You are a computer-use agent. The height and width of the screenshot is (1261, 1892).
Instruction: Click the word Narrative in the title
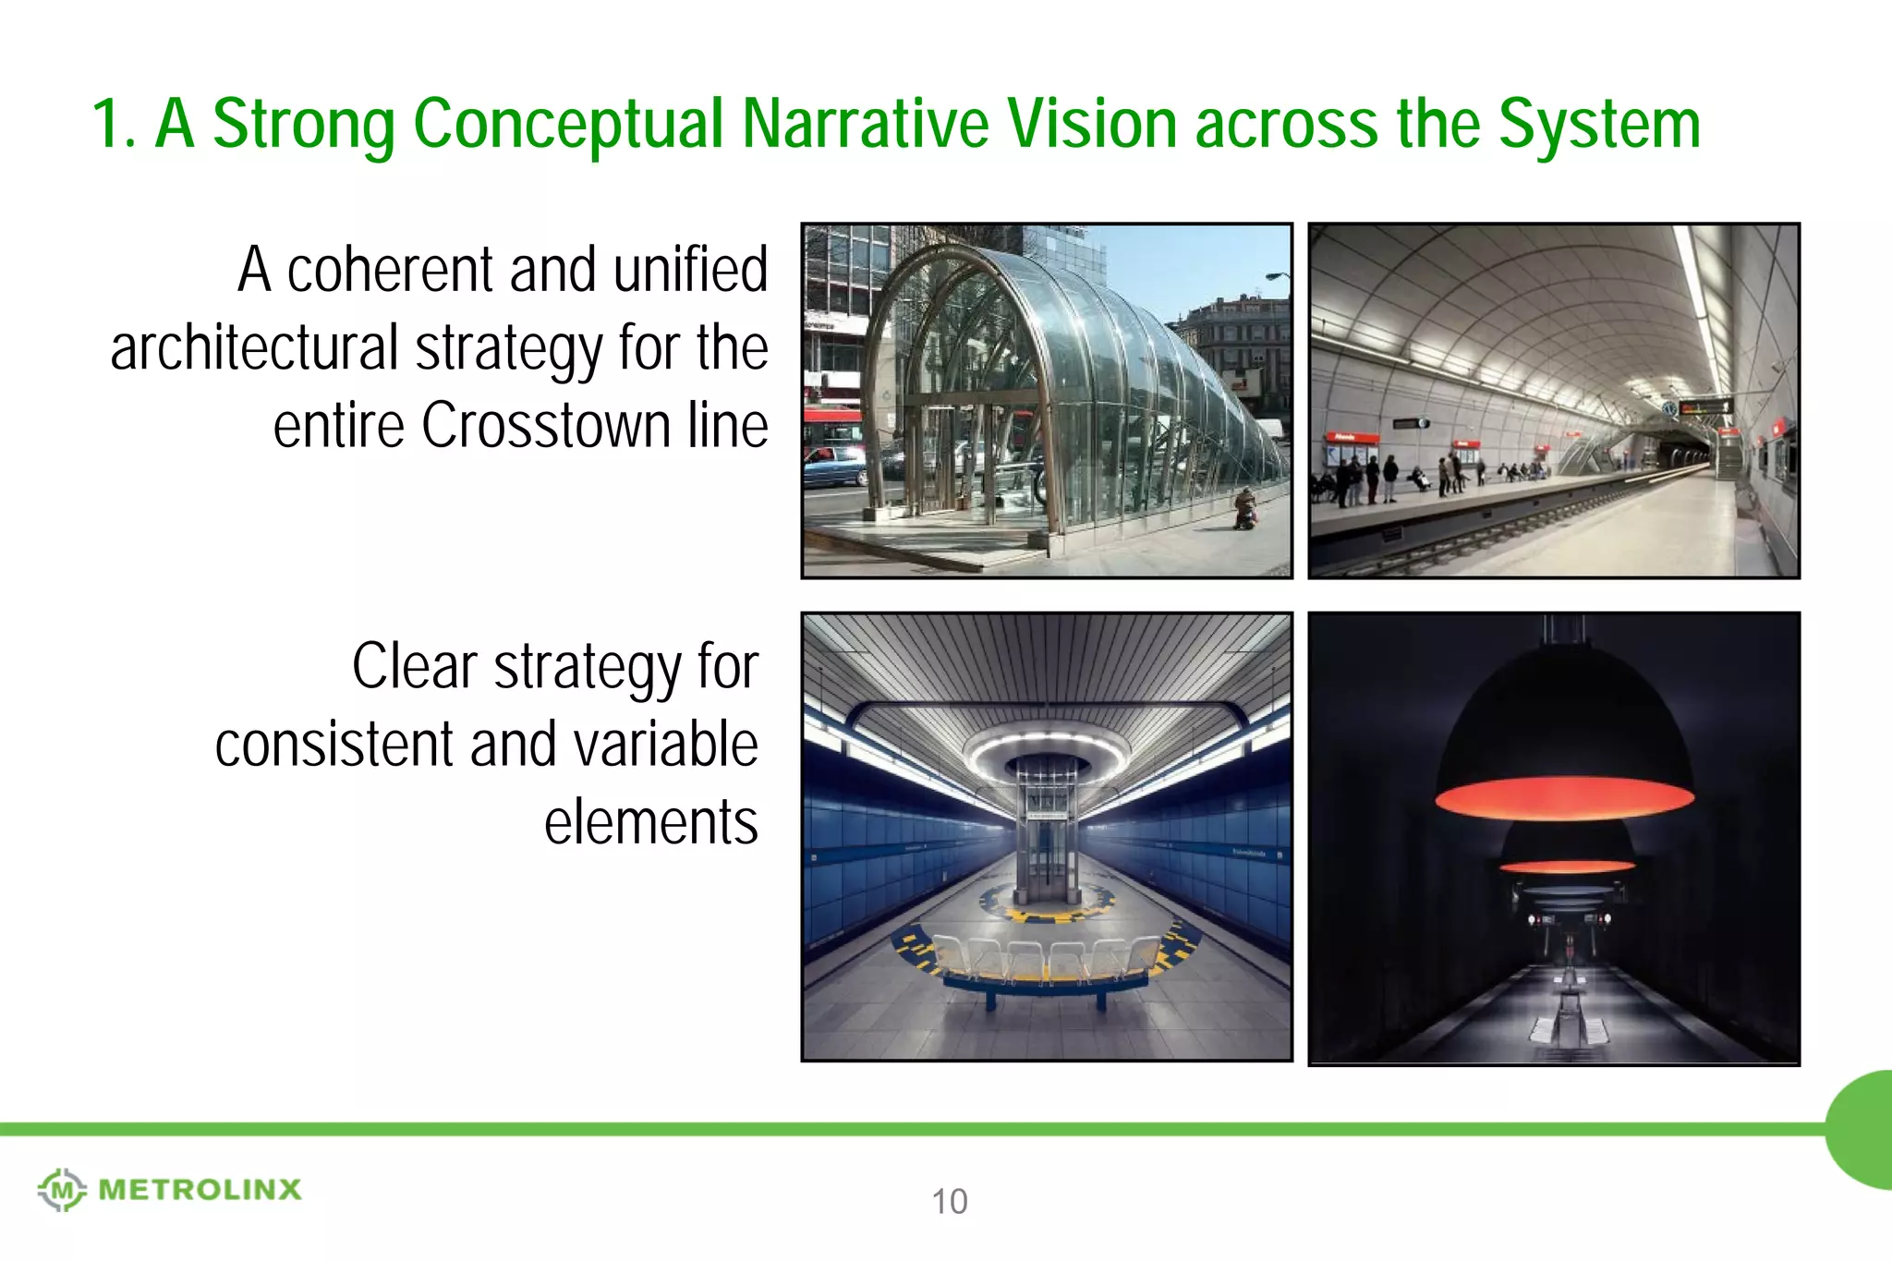(x=865, y=124)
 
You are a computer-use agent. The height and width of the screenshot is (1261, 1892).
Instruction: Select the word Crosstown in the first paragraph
(x=545, y=427)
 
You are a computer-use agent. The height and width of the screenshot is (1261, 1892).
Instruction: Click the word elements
(x=650, y=822)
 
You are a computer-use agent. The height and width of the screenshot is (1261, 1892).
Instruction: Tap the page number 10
(x=949, y=1202)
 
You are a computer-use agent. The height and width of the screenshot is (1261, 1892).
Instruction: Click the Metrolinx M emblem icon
(x=62, y=1189)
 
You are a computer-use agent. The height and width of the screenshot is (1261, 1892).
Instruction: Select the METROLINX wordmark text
(x=200, y=1189)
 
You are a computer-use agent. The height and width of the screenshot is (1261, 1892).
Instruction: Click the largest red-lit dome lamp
(x=1564, y=739)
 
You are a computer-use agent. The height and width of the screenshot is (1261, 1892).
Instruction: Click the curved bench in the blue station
(x=1047, y=970)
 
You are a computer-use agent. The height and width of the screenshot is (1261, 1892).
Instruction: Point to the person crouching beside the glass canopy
(x=1246, y=509)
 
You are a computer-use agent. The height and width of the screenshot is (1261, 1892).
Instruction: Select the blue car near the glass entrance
(x=833, y=467)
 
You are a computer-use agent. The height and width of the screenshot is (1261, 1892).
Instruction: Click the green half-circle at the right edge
(x=1862, y=1129)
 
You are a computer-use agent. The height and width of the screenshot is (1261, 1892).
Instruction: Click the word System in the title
(x=1598, y=124)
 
